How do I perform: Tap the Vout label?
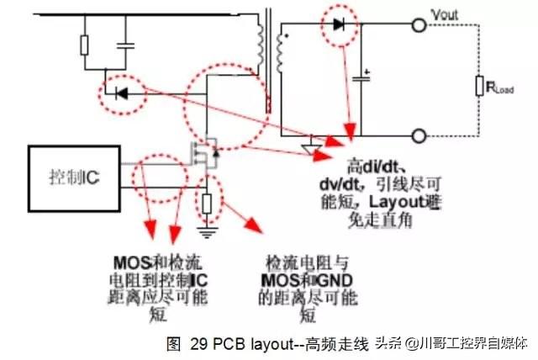click(444, 14)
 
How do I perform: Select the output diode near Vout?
click(340, 25)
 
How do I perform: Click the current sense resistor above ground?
click(207, 201)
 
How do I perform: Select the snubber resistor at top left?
click(85, 45)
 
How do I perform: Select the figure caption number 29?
click(198, 344)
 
